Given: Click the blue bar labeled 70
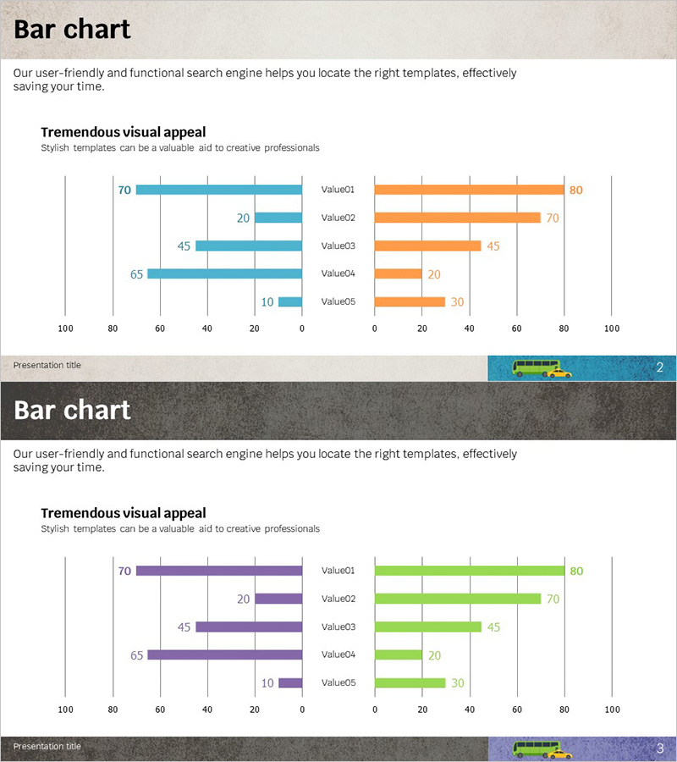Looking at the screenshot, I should pyautogui.click(x=218, y=190).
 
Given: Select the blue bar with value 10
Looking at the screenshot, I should pyautogui.click(x=290, y=301).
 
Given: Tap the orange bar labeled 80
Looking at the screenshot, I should pyautogui.click(x=469, y=190).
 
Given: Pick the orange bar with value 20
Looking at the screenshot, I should pyautogui.click(x=398, y=273).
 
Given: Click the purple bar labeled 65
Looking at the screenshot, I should pyautogui.click(x=224, y=654).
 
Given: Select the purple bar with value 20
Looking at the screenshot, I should pyautogui.click(x=278, y=599).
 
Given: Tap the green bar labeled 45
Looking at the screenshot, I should pyautogui.click(x=427, y=627).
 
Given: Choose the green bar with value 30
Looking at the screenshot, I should pyautogui.click(x=410, y=682).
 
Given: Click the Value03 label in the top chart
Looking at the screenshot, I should pyautogui.click(x=338, y=246).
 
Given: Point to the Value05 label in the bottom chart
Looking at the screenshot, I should pyautogui.click(x=338, y=682).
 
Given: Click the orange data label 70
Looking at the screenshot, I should pyautogui.click(x=553, y=218).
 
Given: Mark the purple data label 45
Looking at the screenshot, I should pyautogui.click(x=184, y=627).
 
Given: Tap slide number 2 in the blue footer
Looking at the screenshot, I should pyautogui.click(x=659, y=367).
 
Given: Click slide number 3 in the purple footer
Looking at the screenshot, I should pyautogui.click(x=659, y=748).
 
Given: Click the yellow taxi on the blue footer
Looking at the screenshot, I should pyautogui.click(x=559, y=372).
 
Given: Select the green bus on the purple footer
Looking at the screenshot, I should pyautogui.click(x=536, y=748).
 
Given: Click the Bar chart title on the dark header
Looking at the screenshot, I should pyautogui.click(x=72, y=410).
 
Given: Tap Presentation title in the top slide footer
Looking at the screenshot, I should pyautogui.click(x=47, y=365).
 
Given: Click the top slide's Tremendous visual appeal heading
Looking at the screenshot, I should pyautogui.click(x=123, y=132).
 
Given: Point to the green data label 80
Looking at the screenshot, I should pyautogui.click(x=576, y=571).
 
